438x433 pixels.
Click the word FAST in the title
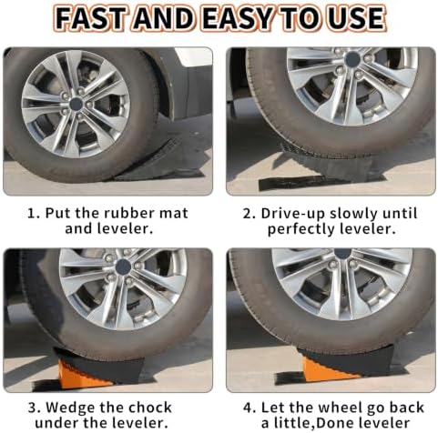89,18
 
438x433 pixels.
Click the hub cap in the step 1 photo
76,105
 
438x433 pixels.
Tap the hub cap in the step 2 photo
352,57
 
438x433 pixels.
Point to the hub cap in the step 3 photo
123,267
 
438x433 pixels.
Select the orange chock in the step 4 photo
330,370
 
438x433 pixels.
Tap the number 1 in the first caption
31,214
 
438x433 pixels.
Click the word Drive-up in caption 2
292,214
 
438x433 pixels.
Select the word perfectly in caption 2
300,229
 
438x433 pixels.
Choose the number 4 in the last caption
248,408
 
